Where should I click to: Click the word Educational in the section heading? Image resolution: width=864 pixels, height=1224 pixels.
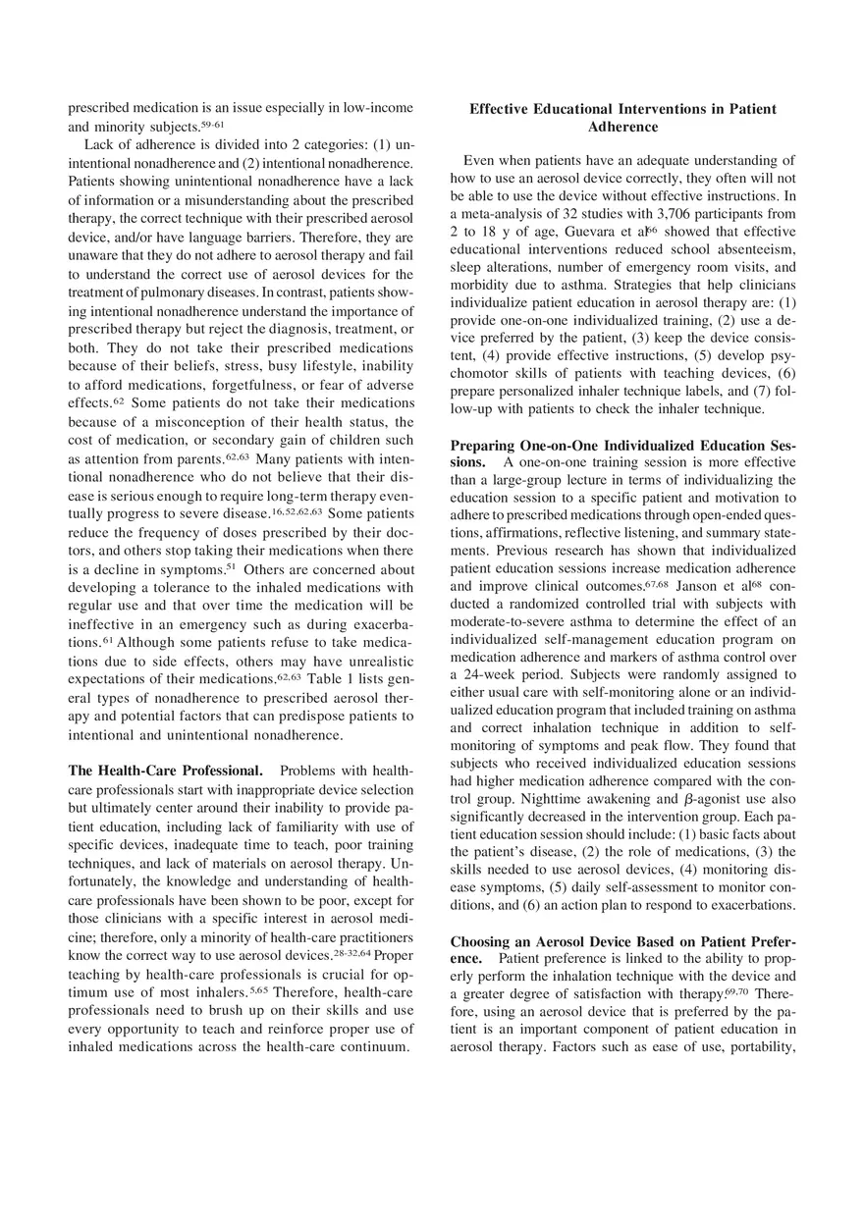569,109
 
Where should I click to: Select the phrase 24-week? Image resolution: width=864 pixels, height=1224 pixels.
495,675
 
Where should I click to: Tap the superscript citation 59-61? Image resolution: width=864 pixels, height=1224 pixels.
212,126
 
